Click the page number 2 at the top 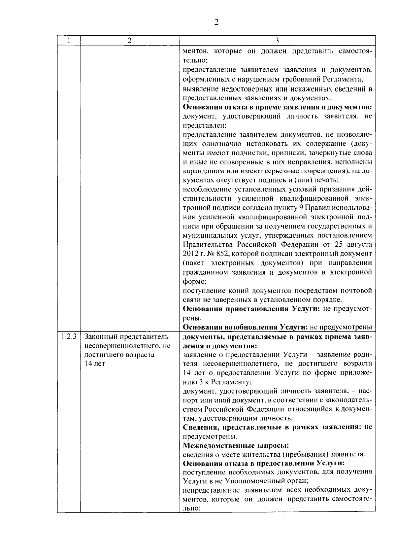click(x=216, y=22)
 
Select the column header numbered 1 click(x=69, y=40)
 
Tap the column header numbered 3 click(x=277, y=40)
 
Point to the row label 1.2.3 click(x=69, y=337)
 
